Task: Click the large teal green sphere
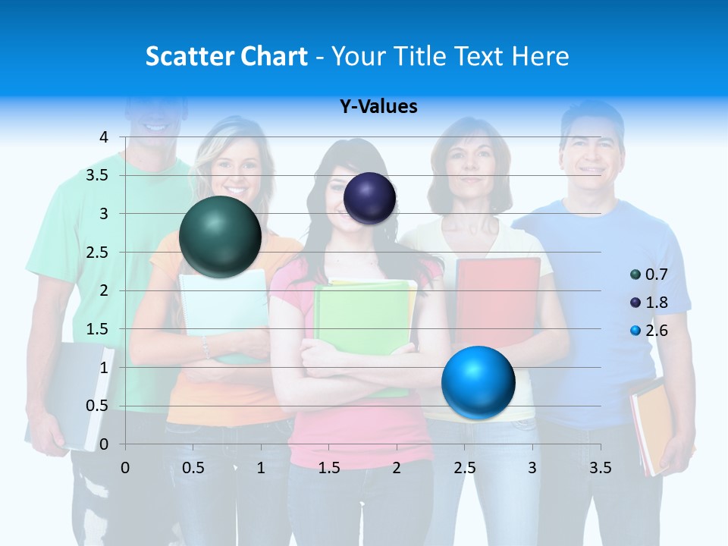tap(220, 237)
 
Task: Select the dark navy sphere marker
tap(369, 198)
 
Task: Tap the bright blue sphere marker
tap(478, 382)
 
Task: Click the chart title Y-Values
tap(378, 107)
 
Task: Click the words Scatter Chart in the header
tap(226, 56)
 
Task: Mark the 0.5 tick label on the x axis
tap(193, 468)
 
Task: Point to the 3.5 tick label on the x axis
tap(600, 468)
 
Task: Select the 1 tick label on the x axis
tap(261, 468)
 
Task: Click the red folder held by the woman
tap(497, 300)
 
